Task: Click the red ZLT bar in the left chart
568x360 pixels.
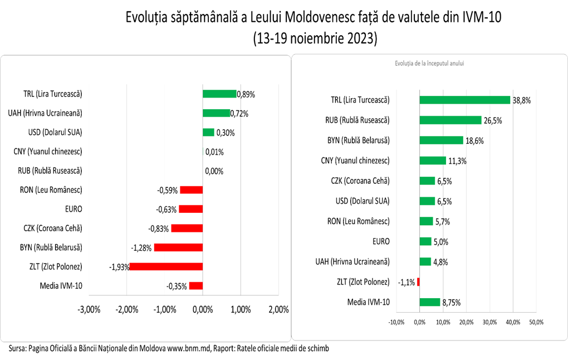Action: (166, 266)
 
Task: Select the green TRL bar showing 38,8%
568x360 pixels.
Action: (464, 100)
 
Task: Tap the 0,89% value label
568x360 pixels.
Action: (246, 94)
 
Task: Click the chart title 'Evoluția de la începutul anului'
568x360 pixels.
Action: (429, 64)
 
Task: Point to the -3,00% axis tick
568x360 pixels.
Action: (89, 310)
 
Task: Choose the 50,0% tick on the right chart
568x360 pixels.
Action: (536, 322)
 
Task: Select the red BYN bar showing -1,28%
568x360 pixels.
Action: (178, 247)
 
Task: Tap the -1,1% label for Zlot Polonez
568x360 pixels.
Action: (407, 282)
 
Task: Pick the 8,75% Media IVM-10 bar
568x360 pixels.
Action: (429, 302)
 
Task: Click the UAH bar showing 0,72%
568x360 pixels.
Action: (216, 113)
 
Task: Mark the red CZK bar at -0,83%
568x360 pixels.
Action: (187, 228)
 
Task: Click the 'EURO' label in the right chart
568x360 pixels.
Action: (381, 241)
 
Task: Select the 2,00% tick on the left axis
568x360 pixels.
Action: (278, 310)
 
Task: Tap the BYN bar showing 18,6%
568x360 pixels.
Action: (441, 140)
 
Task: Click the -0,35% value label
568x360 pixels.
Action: (177, 286)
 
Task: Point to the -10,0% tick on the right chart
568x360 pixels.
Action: (396, 322)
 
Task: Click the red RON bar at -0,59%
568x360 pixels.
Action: (191, 190)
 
